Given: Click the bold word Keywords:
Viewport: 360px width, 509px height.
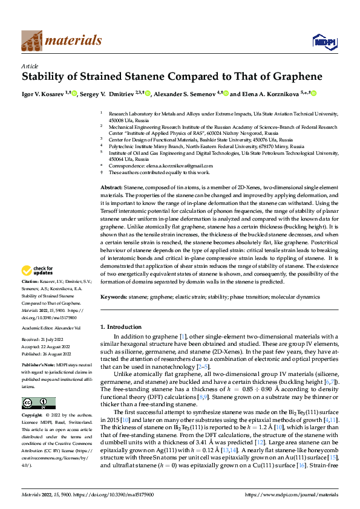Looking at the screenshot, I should pos(114,297).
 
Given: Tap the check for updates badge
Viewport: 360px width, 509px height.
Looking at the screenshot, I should pos(39,270).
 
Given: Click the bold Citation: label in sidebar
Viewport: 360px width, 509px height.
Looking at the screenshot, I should pos(31,282).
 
